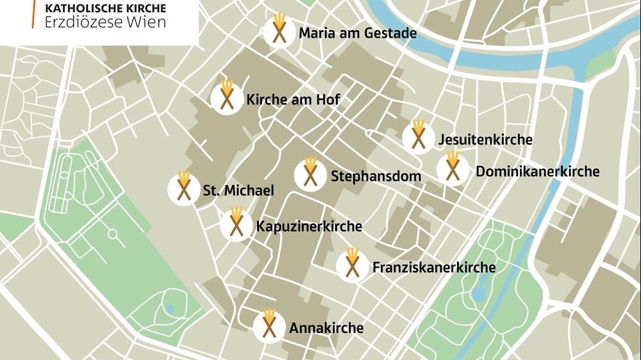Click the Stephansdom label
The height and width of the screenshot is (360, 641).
(x=376, y=176)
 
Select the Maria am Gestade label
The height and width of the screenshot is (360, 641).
(x=358, y=33)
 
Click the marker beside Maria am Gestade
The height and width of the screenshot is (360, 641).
(x=279, y=31)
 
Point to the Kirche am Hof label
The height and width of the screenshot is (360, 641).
(x=293, y=100)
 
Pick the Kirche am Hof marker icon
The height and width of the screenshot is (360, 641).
(x=226, y=99)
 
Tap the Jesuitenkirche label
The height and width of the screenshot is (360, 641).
(x=485, y=139)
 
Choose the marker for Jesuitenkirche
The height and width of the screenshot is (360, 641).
(x=419, y=137)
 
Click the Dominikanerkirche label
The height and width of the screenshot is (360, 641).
(x=537, y=171)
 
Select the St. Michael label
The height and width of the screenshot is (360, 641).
(x=238, y=190)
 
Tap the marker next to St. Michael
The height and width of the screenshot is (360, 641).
(x=184, y=188)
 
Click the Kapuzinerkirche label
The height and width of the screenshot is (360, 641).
(x=309, y=226)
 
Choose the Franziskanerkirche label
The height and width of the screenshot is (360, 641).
(x=434, y=267)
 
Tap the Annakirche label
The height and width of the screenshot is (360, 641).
(x=326, y=328)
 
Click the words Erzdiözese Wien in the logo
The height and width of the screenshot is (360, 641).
(x=105, y=22)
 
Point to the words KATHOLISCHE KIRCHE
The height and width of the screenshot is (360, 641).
(x=106, y=8)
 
